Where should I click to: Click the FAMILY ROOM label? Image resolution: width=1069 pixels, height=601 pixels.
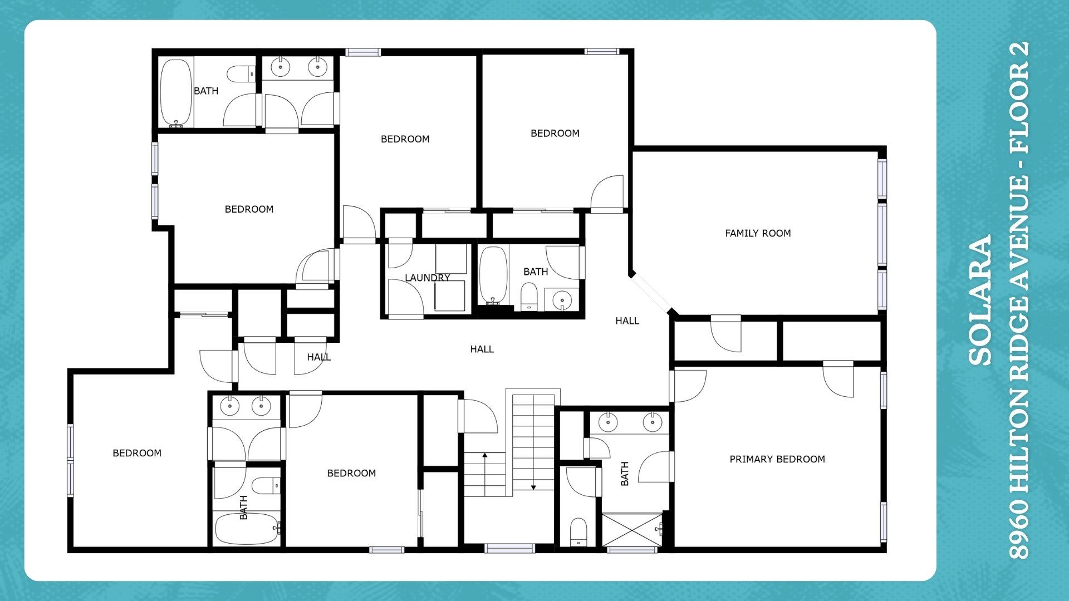coord(758,234)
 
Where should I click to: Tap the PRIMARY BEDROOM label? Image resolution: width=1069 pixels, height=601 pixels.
coord(777,459)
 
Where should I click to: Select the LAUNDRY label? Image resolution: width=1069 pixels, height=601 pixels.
coord(427,278)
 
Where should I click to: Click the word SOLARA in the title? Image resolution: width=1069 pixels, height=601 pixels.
coord(981,300)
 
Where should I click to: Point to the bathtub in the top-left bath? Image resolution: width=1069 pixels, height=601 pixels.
coord(176,92)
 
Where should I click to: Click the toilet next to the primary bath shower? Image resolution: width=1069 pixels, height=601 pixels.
coord(578,533)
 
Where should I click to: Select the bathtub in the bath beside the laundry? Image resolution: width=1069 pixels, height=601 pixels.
coord(493,275)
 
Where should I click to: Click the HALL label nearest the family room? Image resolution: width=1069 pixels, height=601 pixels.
coord(627,321)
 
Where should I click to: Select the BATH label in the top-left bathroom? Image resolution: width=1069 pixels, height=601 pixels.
coord(206,91)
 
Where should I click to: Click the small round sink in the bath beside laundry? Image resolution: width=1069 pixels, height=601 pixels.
coord(562,300)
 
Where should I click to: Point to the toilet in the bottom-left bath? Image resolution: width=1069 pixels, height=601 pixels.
coord(266,485)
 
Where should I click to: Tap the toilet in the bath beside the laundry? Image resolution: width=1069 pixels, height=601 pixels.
coord(528,296)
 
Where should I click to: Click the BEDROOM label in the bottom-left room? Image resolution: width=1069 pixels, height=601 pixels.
coord(137,454)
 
